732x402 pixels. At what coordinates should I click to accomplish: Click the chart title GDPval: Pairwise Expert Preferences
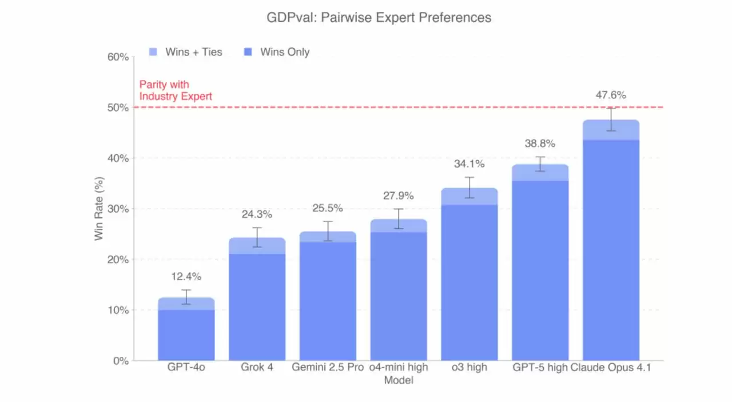(379, 18)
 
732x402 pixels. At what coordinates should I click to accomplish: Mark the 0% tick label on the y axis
(119, 361)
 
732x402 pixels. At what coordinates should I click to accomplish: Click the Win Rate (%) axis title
(100, 209)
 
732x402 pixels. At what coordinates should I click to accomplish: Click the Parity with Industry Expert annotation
(176, 90)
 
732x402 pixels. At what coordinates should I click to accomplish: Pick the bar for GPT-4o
(186, 335)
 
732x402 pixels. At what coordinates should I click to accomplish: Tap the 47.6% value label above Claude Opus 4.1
(611, 95)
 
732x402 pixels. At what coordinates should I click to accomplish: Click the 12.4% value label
(186, 277)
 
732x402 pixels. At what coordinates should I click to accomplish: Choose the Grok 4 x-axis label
(257, 367)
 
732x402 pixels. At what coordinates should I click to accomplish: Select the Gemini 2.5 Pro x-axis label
(328, 367)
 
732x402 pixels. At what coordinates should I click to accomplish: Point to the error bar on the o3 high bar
(469, 188)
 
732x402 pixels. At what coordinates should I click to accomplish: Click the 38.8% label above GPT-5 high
(540, 144)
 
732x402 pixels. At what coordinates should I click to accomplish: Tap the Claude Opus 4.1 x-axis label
(611, 367)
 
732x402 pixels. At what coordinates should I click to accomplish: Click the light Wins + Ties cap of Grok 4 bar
(257, 246)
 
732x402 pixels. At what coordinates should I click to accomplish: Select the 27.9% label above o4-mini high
(399, 196)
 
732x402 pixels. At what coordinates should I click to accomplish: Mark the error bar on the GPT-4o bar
(186, 297)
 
